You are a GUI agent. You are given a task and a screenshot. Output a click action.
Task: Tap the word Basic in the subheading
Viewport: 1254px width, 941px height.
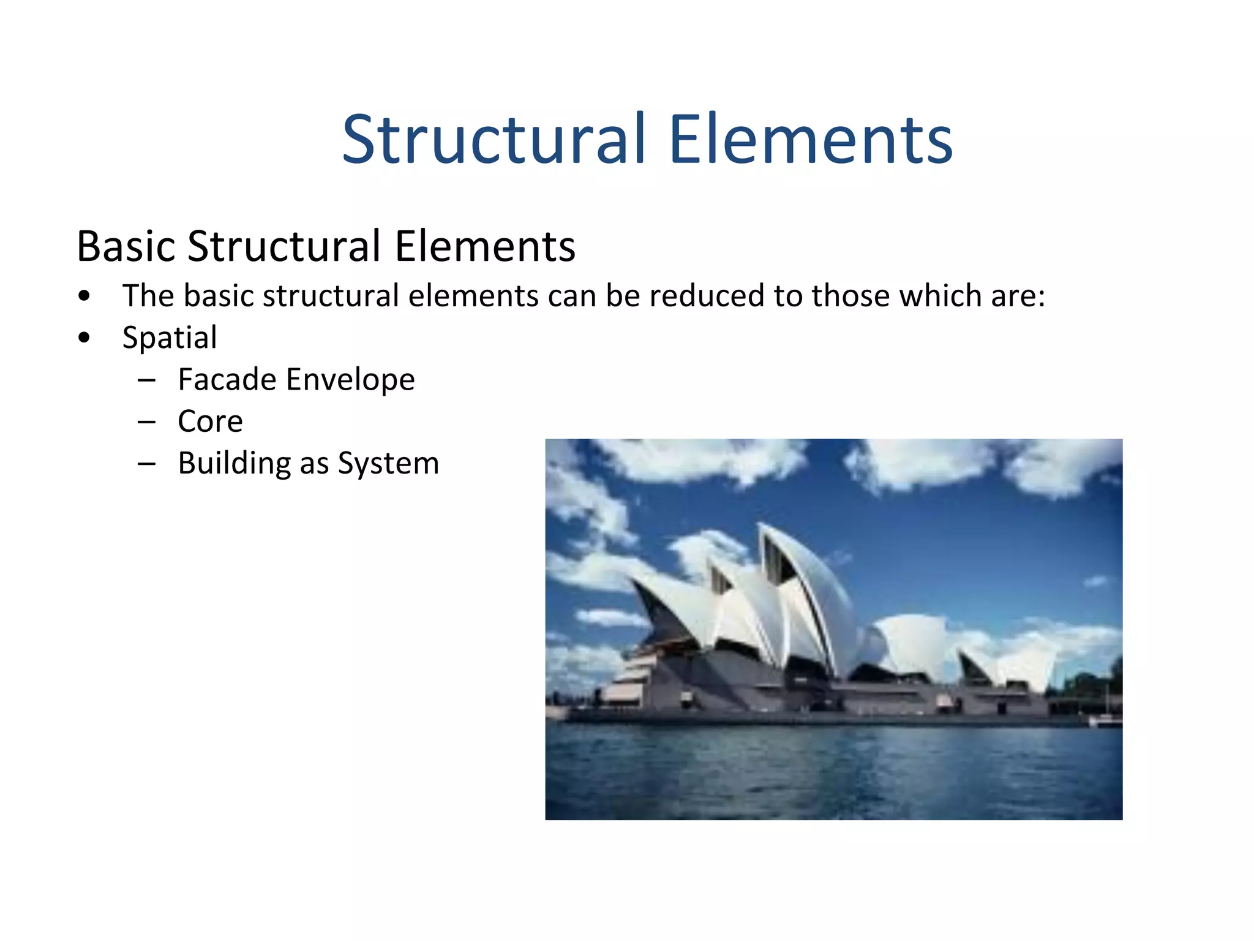click(x=126, y=246)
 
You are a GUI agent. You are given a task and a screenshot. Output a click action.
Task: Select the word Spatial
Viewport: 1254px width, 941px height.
click(x=170, y=338)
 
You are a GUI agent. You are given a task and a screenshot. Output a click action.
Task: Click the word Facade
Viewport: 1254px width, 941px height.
click(x=227, y=379)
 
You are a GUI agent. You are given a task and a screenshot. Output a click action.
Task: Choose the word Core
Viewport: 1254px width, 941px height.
click(x=210, y=421)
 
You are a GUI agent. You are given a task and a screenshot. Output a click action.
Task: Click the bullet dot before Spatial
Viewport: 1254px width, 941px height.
click(x=84, y=338)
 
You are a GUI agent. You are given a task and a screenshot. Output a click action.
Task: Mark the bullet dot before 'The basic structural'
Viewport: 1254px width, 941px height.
click(x=84, y=296)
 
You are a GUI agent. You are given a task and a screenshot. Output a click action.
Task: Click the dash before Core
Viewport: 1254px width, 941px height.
click(x=147, y=422)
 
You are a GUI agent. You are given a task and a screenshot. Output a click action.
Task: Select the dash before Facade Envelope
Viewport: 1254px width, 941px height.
click(x=147, y=380)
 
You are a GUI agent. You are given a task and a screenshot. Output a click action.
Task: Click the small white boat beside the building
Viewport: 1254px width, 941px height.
click(x=1105, y=720)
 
